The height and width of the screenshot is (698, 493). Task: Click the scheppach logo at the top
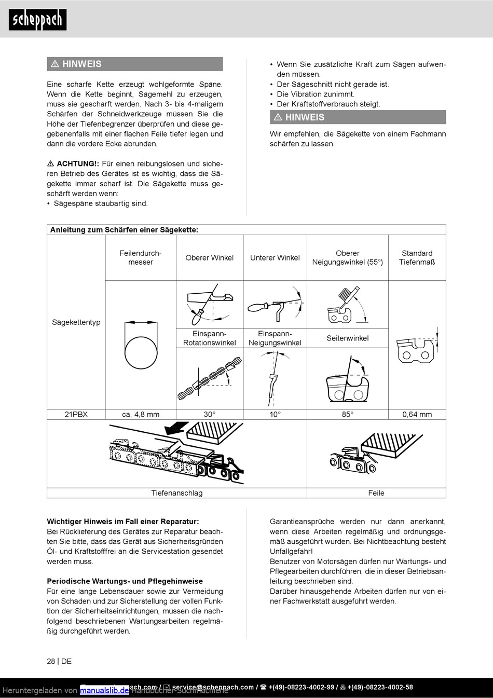pyautogui.click(x=37, y=20)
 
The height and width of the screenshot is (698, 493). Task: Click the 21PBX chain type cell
pyautogui.click(x=76, y=414)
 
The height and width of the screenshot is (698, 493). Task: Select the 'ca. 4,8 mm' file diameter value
pyautogui.click(x=141, y=414)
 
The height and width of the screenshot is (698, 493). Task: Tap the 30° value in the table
pyautogui.click(x=209, y=414)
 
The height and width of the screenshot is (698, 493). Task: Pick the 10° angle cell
pyautogui.click(x=275, y=414)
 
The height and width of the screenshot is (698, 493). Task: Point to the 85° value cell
pyautogui.click(x=347, y=414)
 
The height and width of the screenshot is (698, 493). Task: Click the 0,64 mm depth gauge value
pyautogui.click(x=417, y=414)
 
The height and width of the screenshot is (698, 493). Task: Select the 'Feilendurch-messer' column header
pyautogui.click(x=141, y=257)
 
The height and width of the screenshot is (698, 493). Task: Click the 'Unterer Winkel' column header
pyautogui.click(x=275, y=257)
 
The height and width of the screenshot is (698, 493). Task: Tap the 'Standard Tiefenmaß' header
pyautogui.click(x=417, y=257)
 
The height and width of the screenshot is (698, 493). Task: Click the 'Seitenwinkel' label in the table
pyautogui.click(x=347, y=338)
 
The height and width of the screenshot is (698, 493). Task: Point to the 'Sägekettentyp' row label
pyautogui.click(x=76, y=322)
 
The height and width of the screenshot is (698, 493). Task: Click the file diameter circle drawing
pyautogui.click(x=141, y=352)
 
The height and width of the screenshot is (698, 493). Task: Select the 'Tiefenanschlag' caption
pyautogui.click(x=176, y=493)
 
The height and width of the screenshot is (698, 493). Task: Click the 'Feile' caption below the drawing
pyautogui.click(x=376, y=493)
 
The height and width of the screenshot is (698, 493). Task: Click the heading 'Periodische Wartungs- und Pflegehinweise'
pyautogui.click(x=125, y=581)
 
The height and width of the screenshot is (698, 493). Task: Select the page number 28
pyautogui.click(x=51, y=661)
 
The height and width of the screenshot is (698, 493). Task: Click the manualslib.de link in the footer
pyautogui.click(x=104, y=690)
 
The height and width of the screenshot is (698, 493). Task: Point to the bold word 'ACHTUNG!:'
pyautogui.click(x=78, y=163)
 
